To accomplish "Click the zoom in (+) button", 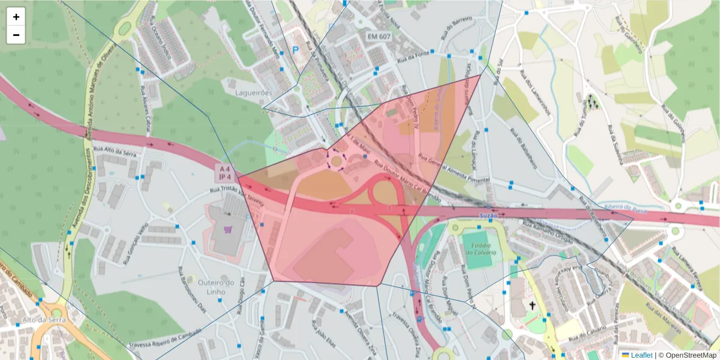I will (16, 17).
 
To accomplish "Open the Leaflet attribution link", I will (641, 355).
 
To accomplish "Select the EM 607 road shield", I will (379, 37).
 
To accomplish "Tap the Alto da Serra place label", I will (39, 320).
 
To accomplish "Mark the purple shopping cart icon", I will (228, 229).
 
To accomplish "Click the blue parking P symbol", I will (295, 51).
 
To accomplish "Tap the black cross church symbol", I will (532, 306).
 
